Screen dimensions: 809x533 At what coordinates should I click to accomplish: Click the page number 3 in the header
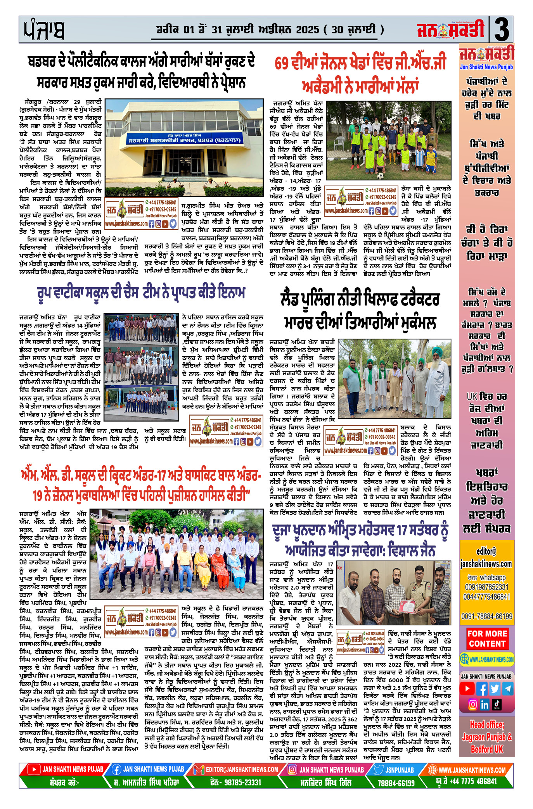[x=502, y=30]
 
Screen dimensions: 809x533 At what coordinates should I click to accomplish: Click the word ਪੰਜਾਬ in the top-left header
[x=44, y=30]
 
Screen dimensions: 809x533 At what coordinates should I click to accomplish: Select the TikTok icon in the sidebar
[x=497, y=704]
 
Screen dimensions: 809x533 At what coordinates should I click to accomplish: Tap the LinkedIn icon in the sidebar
[x=485, y=704]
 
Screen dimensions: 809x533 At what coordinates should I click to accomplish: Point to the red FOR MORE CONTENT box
[x=487, y=638]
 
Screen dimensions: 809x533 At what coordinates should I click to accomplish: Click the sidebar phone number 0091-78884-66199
[x=487, y=616]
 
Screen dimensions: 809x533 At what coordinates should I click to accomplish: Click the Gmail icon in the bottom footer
[x=199, y=769]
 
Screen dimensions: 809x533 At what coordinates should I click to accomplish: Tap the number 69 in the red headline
[x=282, y=64]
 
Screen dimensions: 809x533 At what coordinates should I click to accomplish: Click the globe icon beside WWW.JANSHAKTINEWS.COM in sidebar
[x=464, y=659]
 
